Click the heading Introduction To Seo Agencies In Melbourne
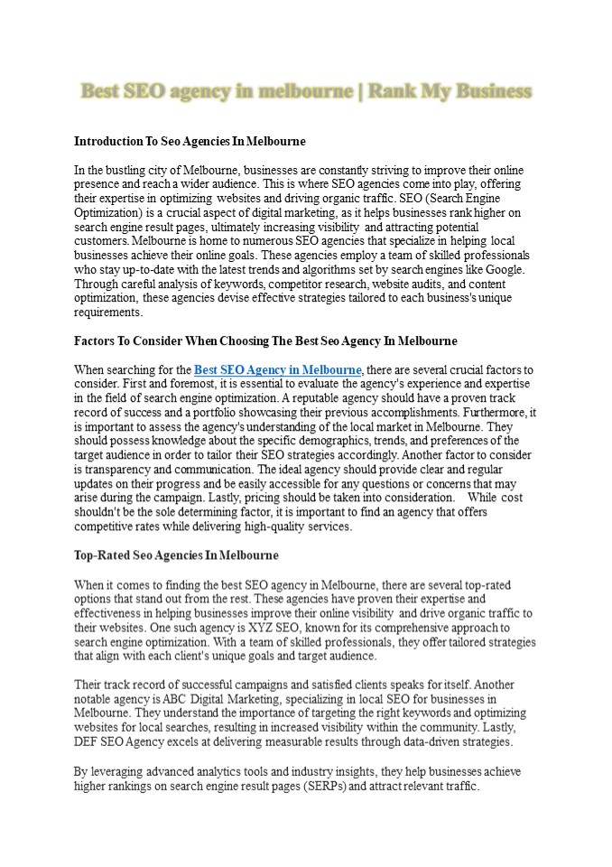[190, 142]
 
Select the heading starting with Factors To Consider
[265, 341]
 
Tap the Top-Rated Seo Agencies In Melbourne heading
[176, 555]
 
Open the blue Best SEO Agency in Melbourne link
[278, 370]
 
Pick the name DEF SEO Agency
[120, 741]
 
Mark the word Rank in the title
[394, 91]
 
